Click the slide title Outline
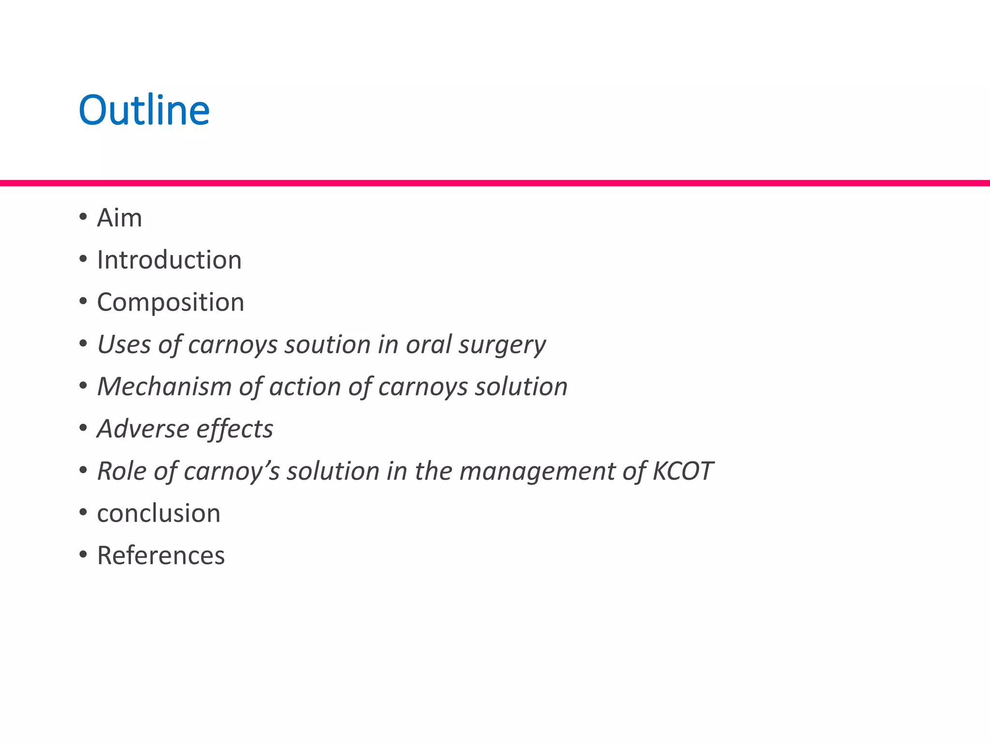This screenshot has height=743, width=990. click(x=144, y=110)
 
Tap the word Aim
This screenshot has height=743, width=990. click(x=119, y=218)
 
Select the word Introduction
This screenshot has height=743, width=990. click(x=169, y=260)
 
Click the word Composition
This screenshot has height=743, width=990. click(x=171, y=302)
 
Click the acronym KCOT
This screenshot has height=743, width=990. click(x=683, y=471)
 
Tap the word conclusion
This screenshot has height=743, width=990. click(x=159, y=513)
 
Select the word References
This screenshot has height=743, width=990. click(x=161, y=555)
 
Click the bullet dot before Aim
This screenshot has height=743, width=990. click(x=83, y=217)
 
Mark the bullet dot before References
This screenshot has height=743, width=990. click(x=83, y=554)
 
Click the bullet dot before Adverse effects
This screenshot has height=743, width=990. click(x=83, y=428)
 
